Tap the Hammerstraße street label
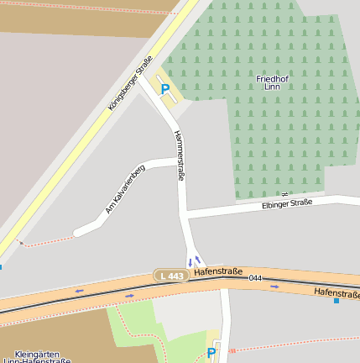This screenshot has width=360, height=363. pyautogui.click(x=179, y=156)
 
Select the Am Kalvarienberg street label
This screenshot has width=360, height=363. pyautogui.click(x=125, y=189)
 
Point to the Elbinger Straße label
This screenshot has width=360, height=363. pyautogui.click(x=287, y=203)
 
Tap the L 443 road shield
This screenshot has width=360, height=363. pyautogui.click(x=170, y=276)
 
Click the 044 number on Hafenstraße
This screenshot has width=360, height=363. pyautogui.click(x=255, y=278)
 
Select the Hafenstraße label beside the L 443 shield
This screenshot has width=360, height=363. pyautogui.click(x=217, y=272)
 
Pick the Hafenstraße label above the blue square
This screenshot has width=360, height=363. pyautogui.click(x=337, y=292)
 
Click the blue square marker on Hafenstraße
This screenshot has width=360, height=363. pyautogui.click(x=337, y=301)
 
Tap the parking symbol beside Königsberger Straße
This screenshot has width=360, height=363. pyautogui.click(x=165, y=89)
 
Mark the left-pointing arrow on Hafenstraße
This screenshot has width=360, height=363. pyautogui.click(x=80, y=291)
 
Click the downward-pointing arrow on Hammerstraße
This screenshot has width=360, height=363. pyautogui.click(x=190, y=262)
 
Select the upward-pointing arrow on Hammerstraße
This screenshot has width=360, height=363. pyautogui.click(x=198, y=260)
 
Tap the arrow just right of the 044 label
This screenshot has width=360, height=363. pyautogui.click(x=275, y=287)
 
